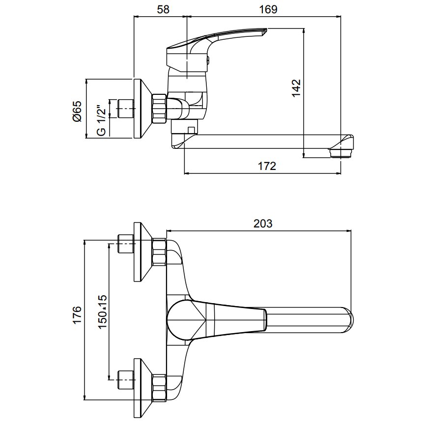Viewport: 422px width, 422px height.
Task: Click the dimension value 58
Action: [x=161, y=9]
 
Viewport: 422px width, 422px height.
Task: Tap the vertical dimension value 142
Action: [x=296, y=88]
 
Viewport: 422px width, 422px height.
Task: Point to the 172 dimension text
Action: [x=267, y=166]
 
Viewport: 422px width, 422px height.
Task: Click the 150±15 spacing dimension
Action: [x=102, y=312]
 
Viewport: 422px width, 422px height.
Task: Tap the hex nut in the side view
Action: [x=160, y=108]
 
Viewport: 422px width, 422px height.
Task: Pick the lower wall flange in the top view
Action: [x=142, y=382]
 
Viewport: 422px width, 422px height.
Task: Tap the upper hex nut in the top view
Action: [x=160, y=251]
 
